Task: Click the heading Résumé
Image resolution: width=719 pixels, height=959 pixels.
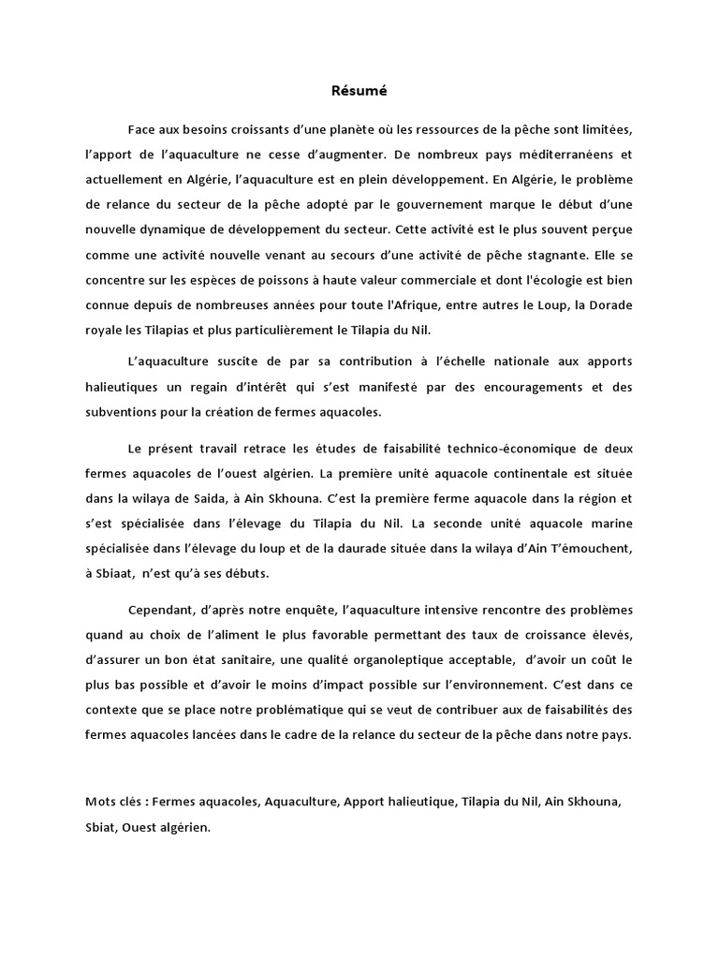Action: click(359, 92)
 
